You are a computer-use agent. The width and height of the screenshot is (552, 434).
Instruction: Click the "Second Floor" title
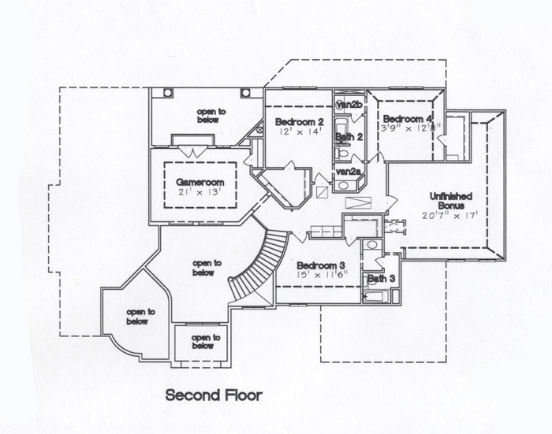click(213, 395)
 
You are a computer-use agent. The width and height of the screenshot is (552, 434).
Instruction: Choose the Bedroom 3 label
click(320, 265)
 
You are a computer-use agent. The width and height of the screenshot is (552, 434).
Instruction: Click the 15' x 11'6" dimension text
click(320, 276)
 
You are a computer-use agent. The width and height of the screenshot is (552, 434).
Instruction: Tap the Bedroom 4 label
click(408, 119)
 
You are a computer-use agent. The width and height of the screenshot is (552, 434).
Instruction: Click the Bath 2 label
click(348, 137)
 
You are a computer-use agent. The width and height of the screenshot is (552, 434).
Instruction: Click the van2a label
click(348, 171)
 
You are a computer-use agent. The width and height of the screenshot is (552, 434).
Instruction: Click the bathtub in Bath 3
click(375, 296)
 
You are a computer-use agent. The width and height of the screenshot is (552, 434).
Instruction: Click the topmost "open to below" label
click(211, 117)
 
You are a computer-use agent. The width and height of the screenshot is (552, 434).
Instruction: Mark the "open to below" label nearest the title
click(203, 342)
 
